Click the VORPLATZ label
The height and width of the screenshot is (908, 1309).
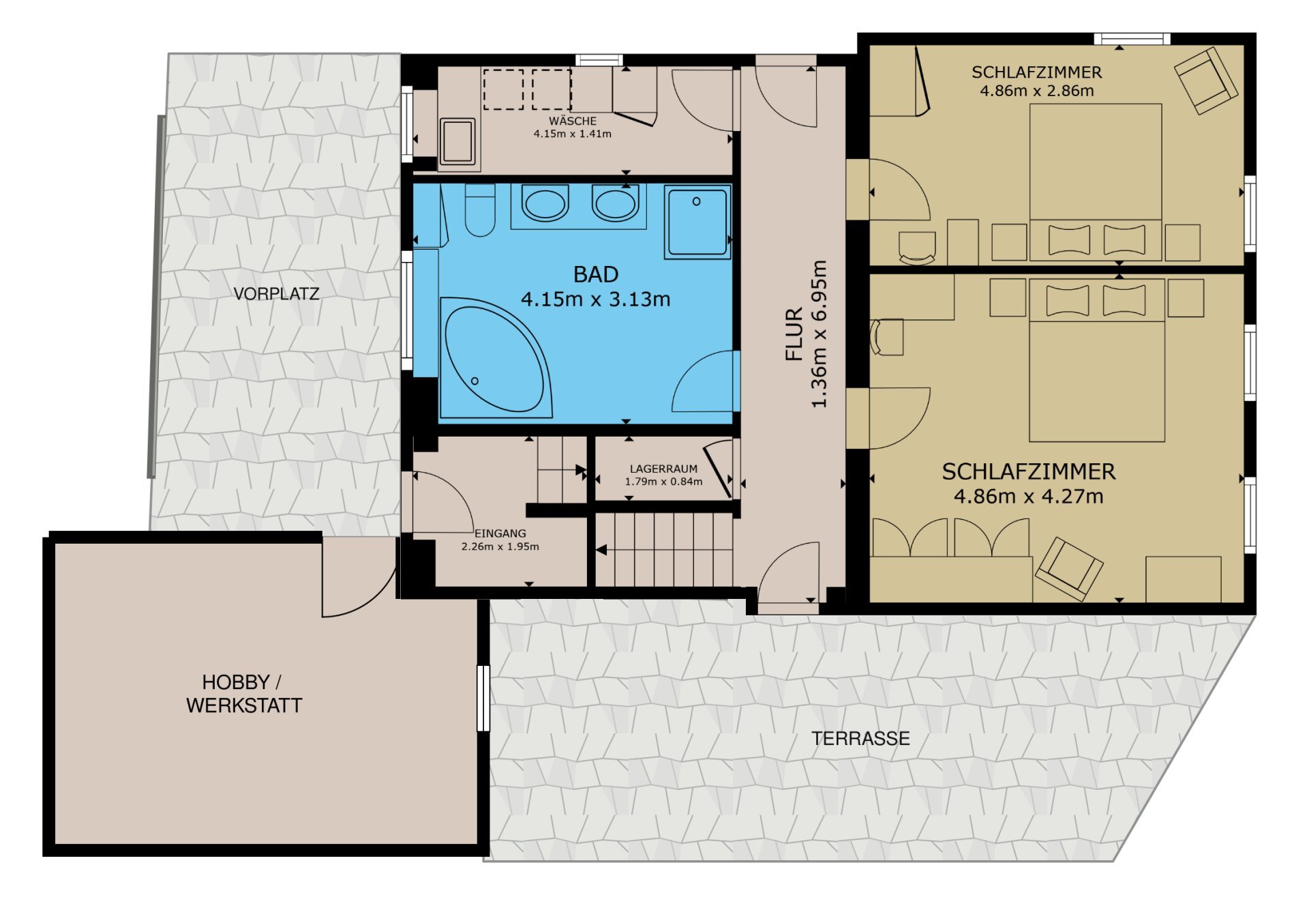click(276, 294)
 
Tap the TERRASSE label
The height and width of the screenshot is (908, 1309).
click(860, 738)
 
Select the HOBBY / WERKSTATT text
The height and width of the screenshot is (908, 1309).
click(244, 694)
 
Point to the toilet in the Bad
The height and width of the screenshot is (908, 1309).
click(480, 209)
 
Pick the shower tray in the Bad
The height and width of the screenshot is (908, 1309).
click(697, 222)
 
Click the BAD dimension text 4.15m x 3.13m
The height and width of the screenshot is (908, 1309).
click(596, 299)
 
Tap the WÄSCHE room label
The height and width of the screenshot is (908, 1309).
click(573, 121)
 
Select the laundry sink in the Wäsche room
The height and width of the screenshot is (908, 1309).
click(457, 142)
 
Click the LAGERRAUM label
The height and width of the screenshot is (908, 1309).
click(663, 469)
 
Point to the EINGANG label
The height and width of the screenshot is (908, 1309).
click(500, 533)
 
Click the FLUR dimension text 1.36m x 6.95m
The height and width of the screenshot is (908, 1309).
click(819, 334)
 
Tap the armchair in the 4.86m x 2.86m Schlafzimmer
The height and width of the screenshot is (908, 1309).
click(1205, 80)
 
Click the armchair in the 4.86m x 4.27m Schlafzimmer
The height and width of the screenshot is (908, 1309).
click(1068, 569)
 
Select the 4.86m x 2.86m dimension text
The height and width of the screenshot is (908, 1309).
click(1037, 91)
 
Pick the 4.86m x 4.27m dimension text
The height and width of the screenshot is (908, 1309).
click(1028, 496)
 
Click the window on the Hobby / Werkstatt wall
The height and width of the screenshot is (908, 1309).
click(483, 698)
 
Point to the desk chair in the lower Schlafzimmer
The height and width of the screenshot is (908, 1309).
click(887, 337)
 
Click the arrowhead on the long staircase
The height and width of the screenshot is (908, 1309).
click(601, 549)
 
